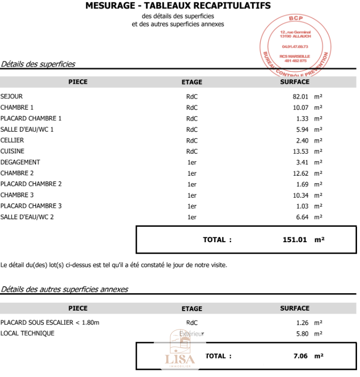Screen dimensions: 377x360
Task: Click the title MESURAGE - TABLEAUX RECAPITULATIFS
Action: [x=178, y=6]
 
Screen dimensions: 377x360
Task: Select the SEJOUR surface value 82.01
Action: [x=301, y=96]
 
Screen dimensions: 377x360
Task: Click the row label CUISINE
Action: [x=12, y=151]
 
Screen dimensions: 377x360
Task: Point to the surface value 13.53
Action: [x=301, y=151]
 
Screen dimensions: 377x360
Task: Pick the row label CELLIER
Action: [x=12, y=140]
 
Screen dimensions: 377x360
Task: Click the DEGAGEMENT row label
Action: [x=20, y=162]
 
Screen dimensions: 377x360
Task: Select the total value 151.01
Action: [x=294, y=240]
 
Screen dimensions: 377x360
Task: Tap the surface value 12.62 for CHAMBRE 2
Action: [x=301, y=173]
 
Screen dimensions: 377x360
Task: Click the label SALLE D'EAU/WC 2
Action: [x=27, y=217]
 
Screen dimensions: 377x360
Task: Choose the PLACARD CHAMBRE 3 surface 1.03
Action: [x=302, y=206]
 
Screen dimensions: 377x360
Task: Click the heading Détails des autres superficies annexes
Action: [x=64, y=289]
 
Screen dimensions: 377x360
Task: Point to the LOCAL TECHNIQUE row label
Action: [x=27, y=333]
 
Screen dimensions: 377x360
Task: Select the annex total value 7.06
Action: [x=299, y=356]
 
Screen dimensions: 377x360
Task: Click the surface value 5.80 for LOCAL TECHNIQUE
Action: [x=302, y=334]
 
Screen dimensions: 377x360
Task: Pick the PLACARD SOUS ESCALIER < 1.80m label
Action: [x=50, y=322]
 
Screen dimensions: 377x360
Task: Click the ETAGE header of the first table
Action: [x=192, y=82]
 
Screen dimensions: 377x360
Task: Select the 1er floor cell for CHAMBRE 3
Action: [x=192, y=195]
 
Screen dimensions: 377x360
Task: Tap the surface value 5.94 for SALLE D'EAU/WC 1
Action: [x=302, y=129]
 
